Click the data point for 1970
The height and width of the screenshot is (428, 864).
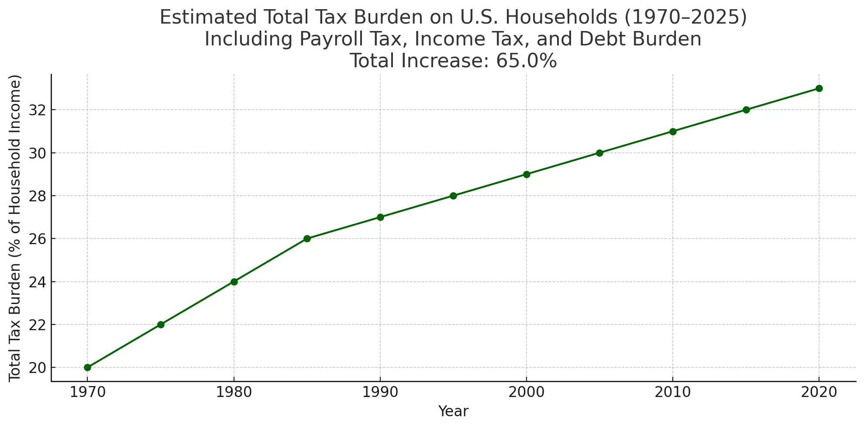pos(87,368)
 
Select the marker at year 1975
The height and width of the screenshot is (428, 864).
pos(161,324)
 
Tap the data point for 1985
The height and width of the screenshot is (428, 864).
pos(307,238)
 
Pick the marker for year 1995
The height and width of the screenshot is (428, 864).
pos(453,196)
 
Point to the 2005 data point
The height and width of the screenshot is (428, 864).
pos(599,153)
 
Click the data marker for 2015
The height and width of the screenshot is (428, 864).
pos(746,110)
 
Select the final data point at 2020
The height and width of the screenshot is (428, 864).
pos(819,88)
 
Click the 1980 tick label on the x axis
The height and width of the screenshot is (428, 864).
pos(234,392)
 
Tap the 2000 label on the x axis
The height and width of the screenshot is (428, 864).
pos(527,392)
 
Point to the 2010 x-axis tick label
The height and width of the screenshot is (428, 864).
pos(673,392)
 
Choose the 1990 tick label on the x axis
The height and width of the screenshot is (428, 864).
pos(380,392)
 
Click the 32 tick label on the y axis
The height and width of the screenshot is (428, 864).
pos(37,110)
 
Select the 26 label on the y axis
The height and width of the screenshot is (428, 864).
pos(37,239)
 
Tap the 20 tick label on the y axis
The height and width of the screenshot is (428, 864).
pos(37,368)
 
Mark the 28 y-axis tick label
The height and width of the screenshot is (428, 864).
pos(37,196)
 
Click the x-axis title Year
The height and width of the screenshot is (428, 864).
pos(453,411)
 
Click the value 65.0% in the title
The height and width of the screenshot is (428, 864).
pos(527,61)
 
